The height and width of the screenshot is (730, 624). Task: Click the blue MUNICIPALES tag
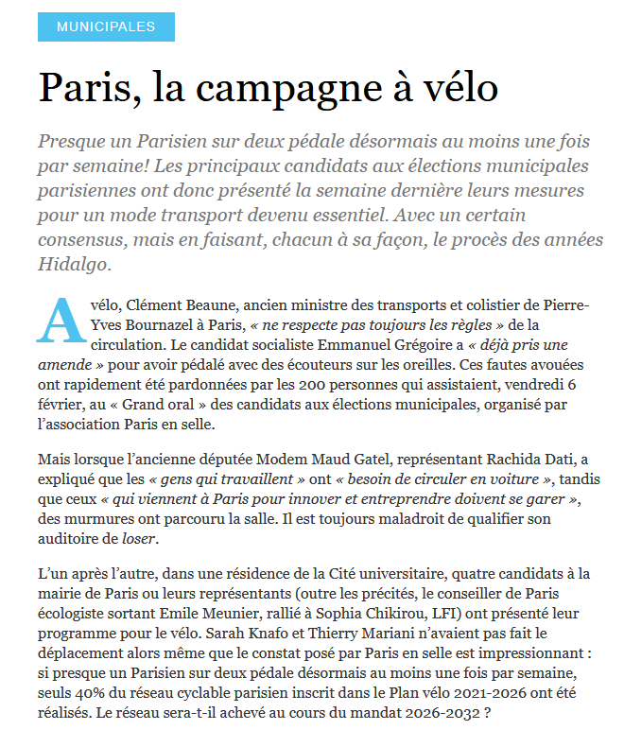(x=106, y=26)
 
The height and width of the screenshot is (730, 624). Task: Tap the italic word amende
(x=67, y=365)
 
